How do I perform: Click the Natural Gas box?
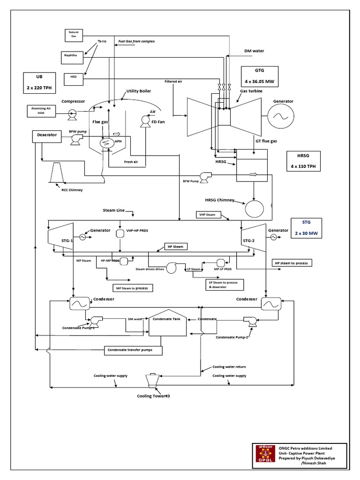pyautogui.click(x=74, y=35)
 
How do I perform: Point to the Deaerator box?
pyautogui.click(x=47, y=135)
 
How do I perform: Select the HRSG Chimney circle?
pyautogui.click(x=254, y=207)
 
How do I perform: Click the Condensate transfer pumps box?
pyautogui.click(x=133, y=350)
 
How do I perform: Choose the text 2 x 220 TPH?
pyautogui.click(x=40, y=86)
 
